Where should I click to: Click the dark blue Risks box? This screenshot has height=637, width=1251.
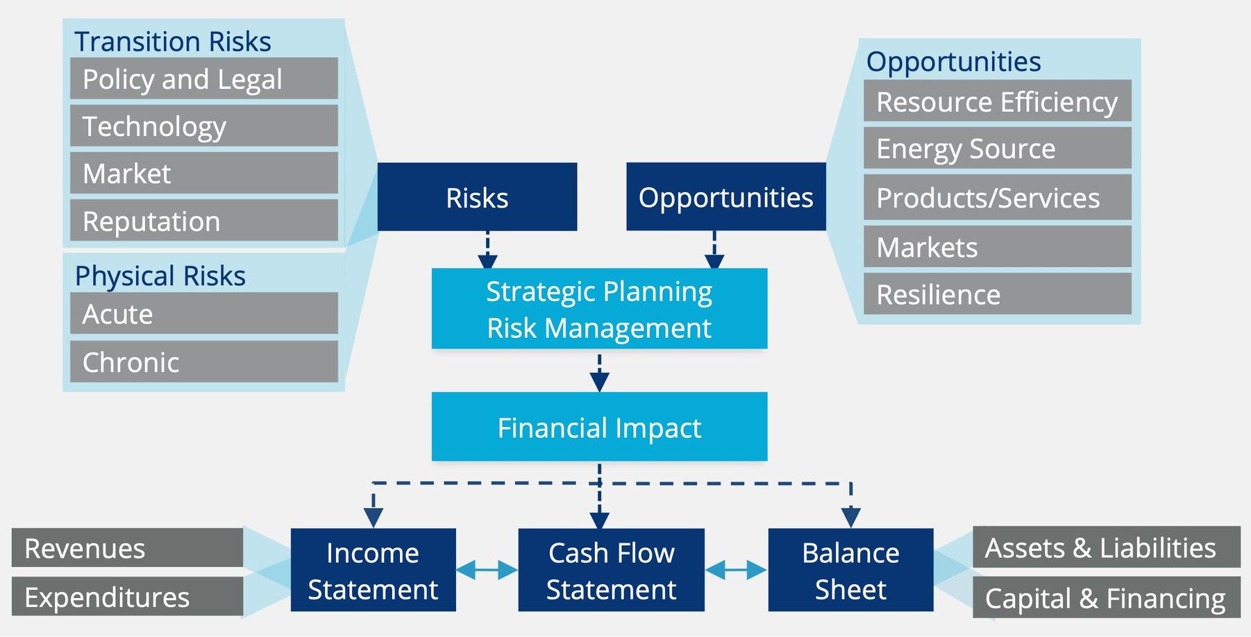coord(477,197)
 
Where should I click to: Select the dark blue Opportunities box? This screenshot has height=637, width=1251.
coord(725,197)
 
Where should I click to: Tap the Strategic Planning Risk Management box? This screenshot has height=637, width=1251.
coord(599,309)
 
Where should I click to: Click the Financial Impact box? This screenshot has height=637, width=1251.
coord(599,427)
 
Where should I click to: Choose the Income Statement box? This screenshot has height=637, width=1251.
coord(373,570)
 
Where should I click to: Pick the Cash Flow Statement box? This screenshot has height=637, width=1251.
coord(611,570)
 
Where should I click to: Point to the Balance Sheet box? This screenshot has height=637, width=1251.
coord(850,570)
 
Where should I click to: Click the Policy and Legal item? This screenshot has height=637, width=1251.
coord(203,78)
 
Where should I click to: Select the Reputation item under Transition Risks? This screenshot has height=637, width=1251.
coord(203,221)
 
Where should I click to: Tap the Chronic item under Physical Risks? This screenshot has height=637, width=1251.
coord(203,362)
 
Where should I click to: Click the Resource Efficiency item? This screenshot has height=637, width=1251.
coord(997,101)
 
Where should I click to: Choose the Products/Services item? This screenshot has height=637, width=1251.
coord(997,198)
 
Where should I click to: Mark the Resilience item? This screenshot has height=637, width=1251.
coord(997,294)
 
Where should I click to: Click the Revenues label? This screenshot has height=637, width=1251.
coord(127,548)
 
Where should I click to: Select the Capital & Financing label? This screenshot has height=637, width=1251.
coord(1106,597)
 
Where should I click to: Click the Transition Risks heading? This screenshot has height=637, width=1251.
coord(172,41)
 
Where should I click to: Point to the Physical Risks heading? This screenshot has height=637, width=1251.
coord(160,275)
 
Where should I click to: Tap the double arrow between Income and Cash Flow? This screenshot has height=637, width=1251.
coord(487,570)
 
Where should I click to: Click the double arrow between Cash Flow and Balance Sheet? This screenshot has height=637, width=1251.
coord(736,570)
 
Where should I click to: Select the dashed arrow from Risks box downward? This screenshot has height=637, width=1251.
coord(487,250)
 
